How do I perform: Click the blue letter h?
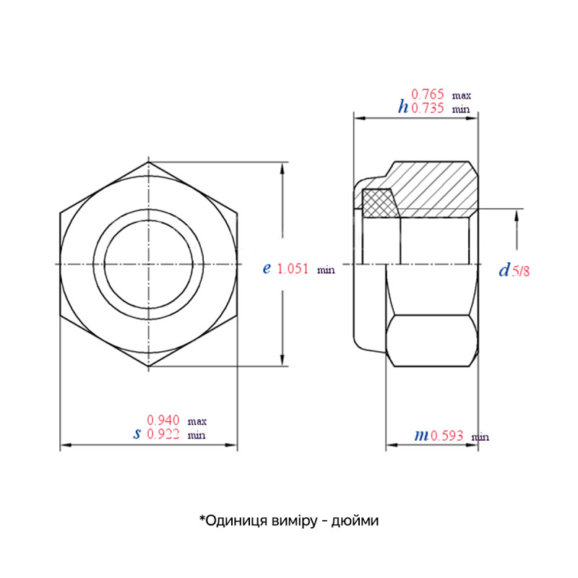pos(403,107)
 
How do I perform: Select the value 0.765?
pos(427,95)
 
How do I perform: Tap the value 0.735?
pos(427,108)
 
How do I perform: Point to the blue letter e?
pos(267,268)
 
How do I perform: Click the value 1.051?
pos(293,269)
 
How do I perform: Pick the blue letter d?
pos(504,269)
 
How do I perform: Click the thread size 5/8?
pos(520,272)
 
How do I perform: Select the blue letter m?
pos(421,436)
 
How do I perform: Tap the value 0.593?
pos(447,436)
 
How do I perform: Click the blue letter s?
pos(137,434)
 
